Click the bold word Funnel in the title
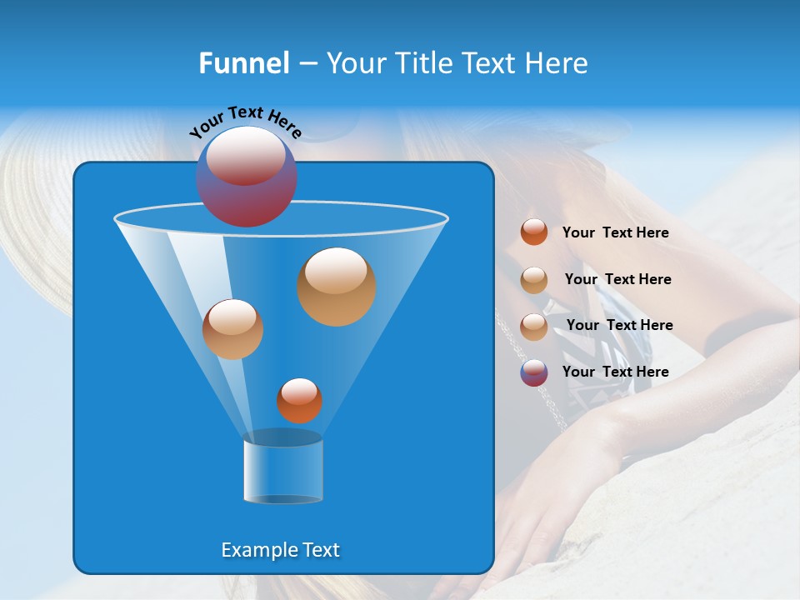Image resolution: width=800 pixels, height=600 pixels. [x=243, y=63]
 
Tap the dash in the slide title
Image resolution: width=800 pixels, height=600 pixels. [x=307, y=64]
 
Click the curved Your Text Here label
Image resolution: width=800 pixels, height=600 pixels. [x=245, y=121]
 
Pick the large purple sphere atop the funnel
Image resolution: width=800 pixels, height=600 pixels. [x=246, y=177]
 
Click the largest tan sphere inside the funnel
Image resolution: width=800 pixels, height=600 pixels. [x=336, y=287]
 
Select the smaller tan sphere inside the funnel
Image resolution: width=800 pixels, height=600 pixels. [x=232, y=329]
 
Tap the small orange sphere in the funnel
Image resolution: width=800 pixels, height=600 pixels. [x=299, y=401]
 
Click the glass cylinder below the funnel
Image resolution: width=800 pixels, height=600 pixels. [x=283, y=471]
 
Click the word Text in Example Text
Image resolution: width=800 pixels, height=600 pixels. [x=319, y=550]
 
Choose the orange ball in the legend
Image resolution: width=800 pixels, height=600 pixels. [x=534, y=232]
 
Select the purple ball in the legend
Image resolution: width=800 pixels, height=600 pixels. [x=534, y=372]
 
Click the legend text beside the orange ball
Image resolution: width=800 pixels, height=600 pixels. [x=615, y=233]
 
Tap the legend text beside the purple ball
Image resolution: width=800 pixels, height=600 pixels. [x=615, y=372]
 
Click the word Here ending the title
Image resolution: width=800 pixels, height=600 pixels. [x=559, y=63]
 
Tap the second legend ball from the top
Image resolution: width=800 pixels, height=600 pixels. [x=534, y=280]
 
